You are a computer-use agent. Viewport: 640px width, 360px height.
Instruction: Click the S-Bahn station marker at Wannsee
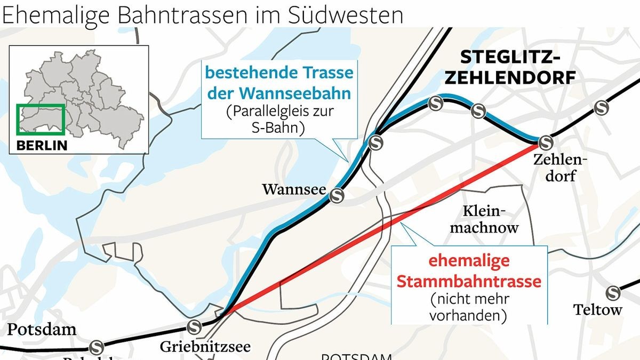pos(337,196)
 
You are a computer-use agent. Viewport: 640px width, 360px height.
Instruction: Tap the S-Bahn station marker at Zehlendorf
pos(545,142)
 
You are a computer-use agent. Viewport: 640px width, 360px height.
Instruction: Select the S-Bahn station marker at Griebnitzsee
pos(194,326)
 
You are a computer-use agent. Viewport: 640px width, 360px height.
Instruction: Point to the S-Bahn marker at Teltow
pos(613,292)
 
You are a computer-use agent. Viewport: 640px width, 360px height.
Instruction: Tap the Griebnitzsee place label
pos(205,347)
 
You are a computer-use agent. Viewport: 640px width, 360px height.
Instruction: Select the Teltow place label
pos(597,309)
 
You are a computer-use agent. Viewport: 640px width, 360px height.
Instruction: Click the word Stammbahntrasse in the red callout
pos(469,281)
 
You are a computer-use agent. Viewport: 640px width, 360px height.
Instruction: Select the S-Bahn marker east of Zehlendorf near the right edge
pos(603,108)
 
